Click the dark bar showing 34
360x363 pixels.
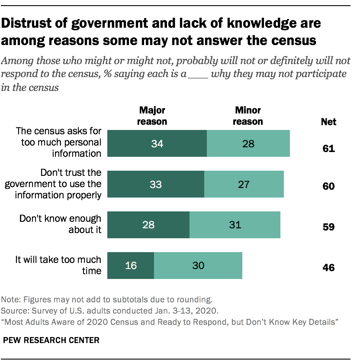[157, 143]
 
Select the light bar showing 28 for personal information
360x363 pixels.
[248, 143]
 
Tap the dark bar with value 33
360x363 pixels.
[155, 184]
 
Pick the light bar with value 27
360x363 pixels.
[244, 184]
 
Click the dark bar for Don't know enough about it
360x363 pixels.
[148, 225]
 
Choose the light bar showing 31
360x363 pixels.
[235, 225]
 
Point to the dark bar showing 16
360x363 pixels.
[130, 265]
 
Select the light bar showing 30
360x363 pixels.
[198, 265]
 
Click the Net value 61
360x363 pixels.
[328, 149]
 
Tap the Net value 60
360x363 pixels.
[328, 187]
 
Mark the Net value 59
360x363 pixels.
[328, 227]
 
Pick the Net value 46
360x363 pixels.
[328, 268]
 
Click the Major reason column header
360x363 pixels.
[152, 116]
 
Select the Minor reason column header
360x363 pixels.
[247, 116]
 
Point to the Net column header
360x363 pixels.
[328, 122]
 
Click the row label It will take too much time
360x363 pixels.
[58, 265]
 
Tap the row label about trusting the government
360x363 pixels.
[53, 184]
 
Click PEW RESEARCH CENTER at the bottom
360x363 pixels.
[51, 340]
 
